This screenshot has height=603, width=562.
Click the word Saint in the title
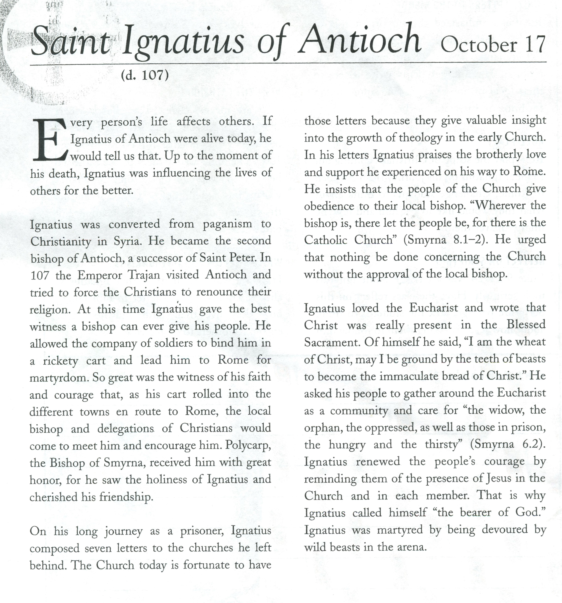coord(70,43)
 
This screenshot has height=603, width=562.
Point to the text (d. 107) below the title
coord(145,75)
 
